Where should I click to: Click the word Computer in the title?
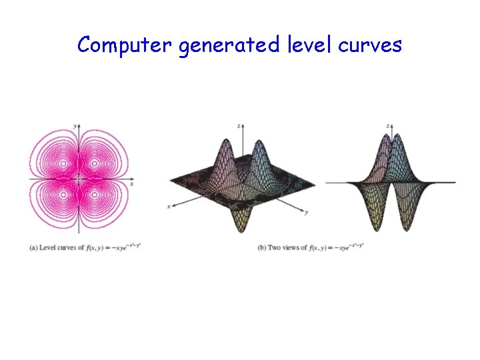point(125,45)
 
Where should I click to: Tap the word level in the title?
point(303,45)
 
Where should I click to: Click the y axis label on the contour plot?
point(75,125)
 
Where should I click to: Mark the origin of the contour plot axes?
point(78,179)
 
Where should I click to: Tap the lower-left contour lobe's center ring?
point(63,196)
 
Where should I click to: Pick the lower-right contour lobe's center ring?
point(94,196)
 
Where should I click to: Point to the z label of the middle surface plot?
point(239,125)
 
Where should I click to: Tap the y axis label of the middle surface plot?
point(306,213)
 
